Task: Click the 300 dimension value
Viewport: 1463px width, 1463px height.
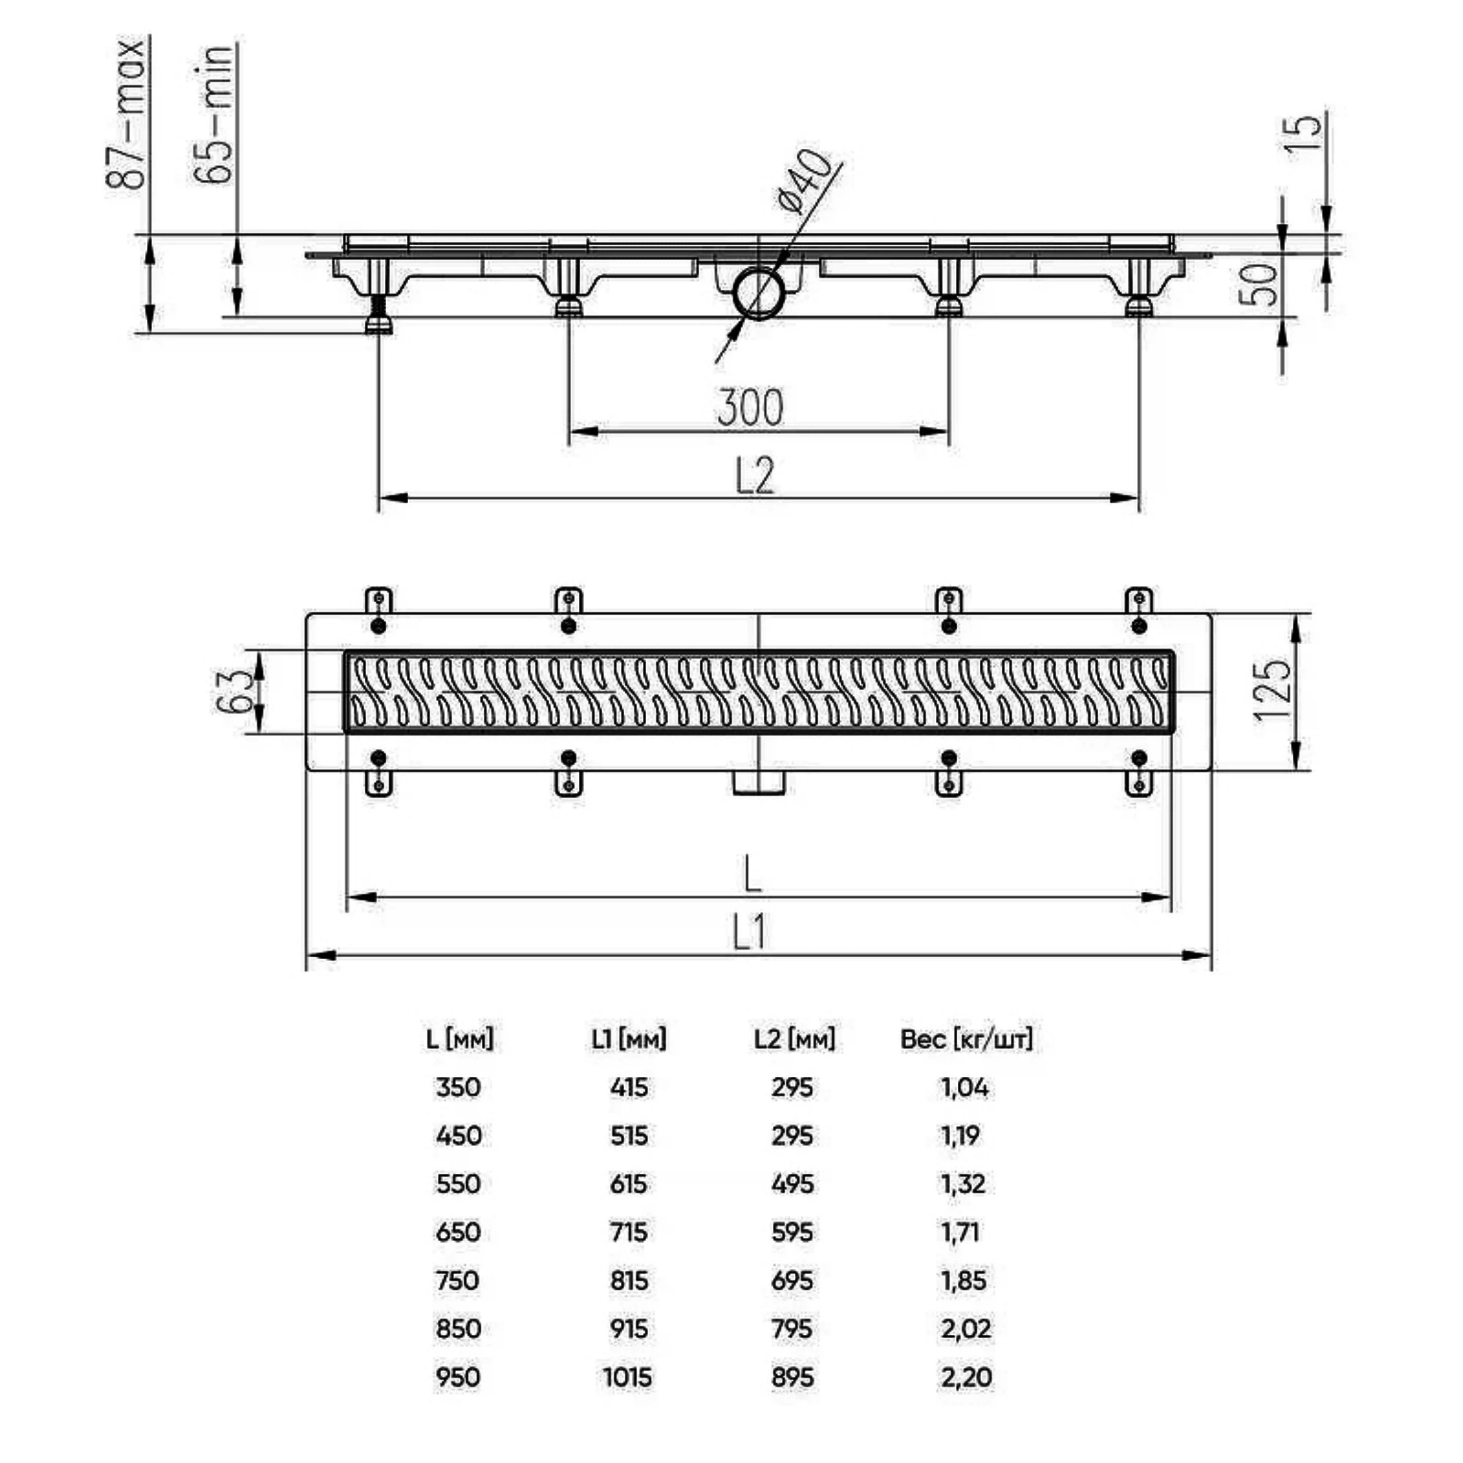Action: click(750, 407)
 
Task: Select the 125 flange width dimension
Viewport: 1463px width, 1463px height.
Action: click(1272, 691)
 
